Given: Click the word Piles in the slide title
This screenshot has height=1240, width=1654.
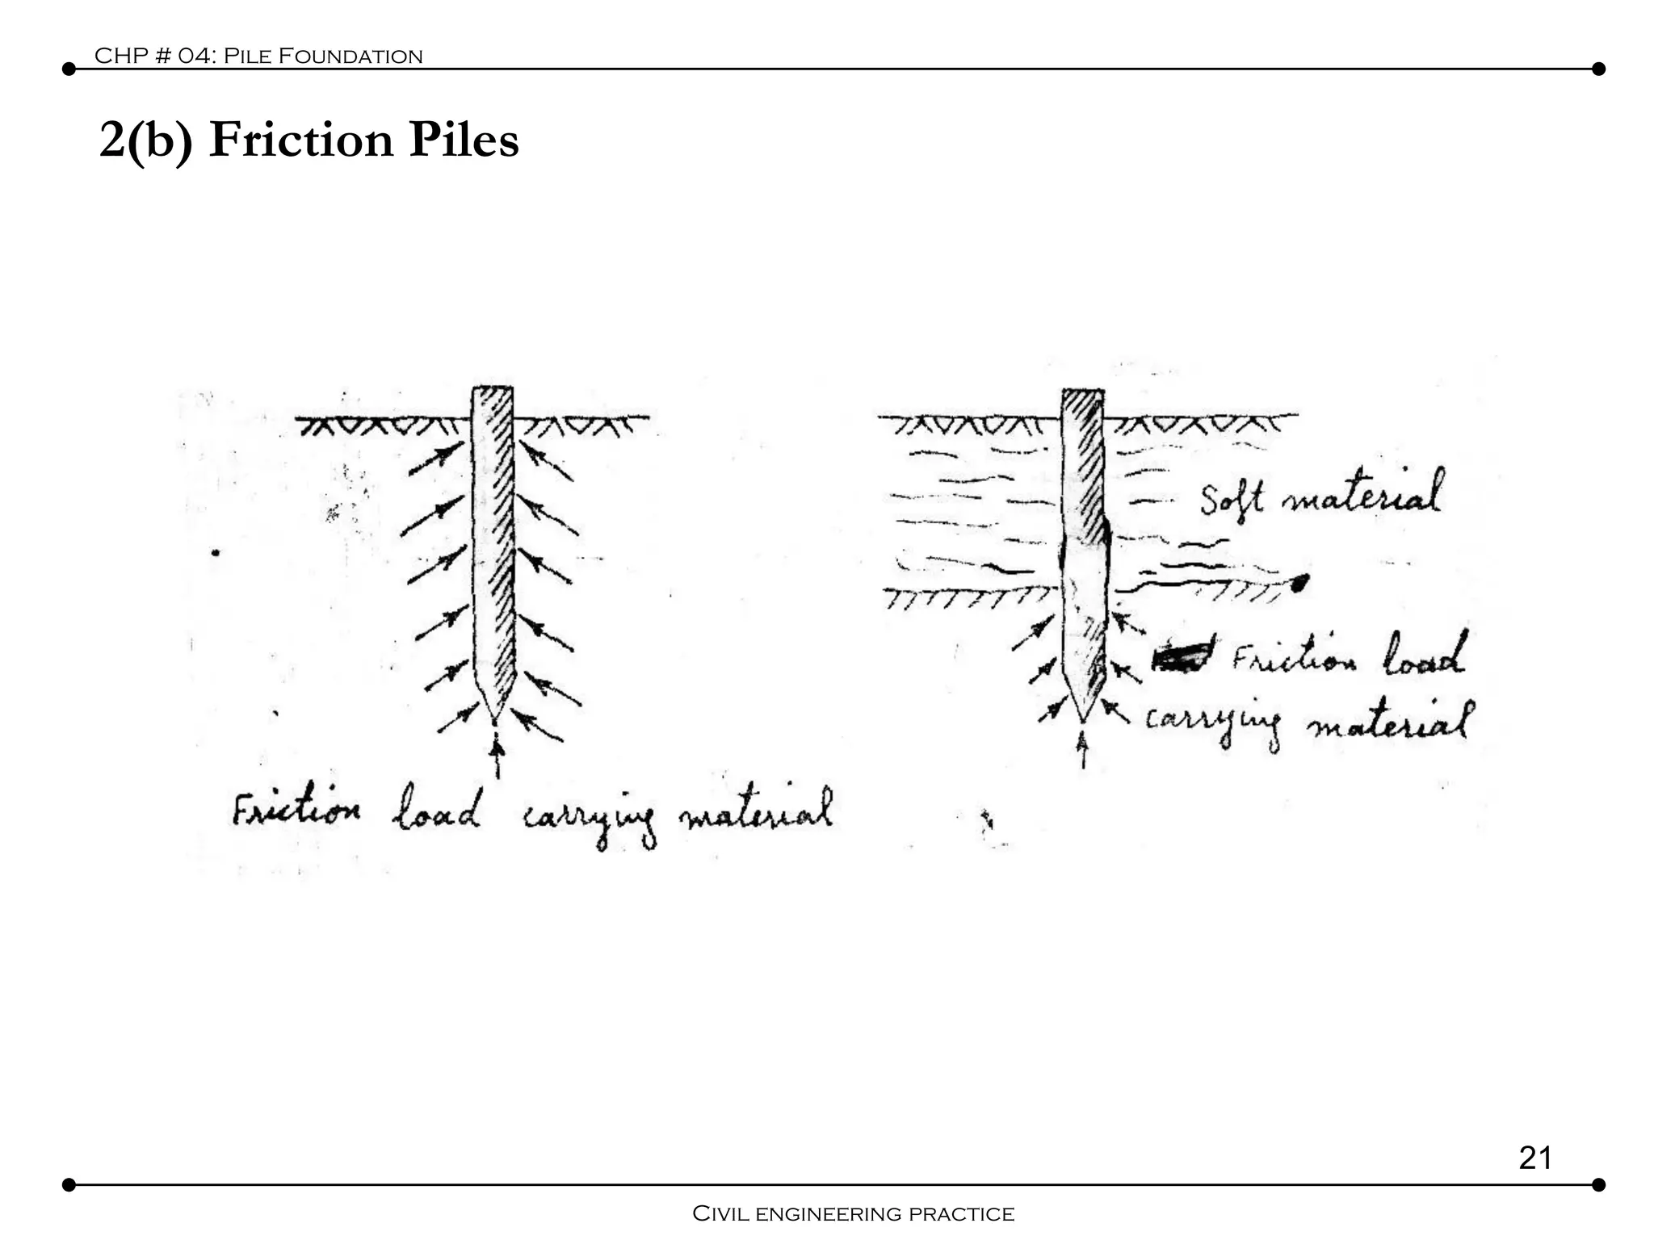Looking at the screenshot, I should click(463, 140).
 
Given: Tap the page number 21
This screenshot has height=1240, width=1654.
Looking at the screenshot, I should click(1534, 1158).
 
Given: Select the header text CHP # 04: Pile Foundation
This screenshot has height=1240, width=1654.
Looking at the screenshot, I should click(258, 56).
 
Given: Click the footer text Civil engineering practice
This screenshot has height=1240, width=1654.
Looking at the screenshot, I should click(854, 1213).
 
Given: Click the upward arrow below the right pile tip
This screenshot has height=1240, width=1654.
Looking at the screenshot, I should click(1083, 748).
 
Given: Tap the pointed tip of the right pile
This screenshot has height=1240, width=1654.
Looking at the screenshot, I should click(1083, 719).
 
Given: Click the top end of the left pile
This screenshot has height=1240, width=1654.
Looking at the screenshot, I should click(492, 390).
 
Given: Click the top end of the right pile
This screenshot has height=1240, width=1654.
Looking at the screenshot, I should click(1082, 392).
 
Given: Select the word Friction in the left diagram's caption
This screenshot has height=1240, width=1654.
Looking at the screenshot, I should click(296, 810).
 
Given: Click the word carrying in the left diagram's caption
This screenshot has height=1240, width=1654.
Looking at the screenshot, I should click(590, 819).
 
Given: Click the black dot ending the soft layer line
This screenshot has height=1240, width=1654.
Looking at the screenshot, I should click(1299, 581).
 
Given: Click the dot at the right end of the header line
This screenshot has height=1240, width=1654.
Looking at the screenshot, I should click(1597, 69).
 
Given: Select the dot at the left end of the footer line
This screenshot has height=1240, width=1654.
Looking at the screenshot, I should click(69, 1185).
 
